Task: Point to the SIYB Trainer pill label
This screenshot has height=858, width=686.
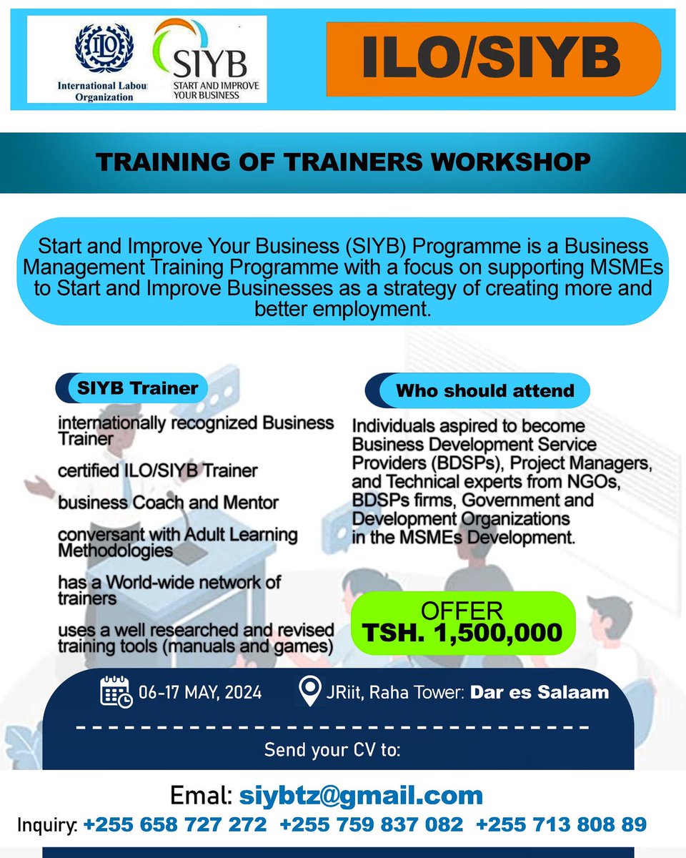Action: [x=131, y=388]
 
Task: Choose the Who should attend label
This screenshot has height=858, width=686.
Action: [x=484, y=391]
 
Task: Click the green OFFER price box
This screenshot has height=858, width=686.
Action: [x=462, y=623]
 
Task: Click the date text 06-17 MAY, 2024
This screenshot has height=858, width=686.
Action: [x=201, y=693]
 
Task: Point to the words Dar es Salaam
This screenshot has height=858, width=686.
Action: [x=540, y=692]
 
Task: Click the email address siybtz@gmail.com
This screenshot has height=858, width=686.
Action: [x=361, y=795]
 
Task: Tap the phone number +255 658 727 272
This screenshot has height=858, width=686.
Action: [x=175, y=825]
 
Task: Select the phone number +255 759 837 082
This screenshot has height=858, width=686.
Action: [x=372, y=825]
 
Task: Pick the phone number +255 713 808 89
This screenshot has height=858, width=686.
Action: [x=561, y=825]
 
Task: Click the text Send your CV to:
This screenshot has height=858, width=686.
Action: [x=332, y=751]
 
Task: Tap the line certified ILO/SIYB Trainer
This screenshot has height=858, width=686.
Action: [x=158, y=471]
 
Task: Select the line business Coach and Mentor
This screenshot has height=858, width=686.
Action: [x=168, y=503]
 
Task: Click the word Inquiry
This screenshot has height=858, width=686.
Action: [x=44, y=826]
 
